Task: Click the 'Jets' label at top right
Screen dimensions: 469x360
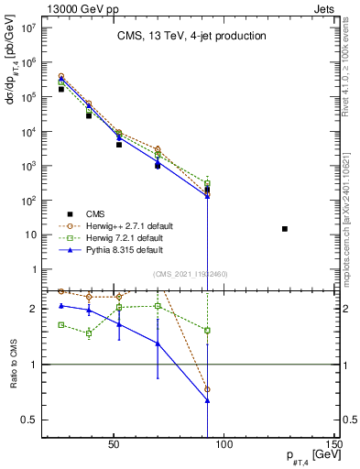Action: [325, 7]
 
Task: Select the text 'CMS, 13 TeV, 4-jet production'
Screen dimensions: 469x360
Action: [191, 37]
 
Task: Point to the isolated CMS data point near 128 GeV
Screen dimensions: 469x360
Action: [285, 228]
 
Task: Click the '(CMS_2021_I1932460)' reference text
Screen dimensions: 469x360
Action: [191, 274]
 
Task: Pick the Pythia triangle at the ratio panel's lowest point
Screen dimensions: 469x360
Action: [208, 400]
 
